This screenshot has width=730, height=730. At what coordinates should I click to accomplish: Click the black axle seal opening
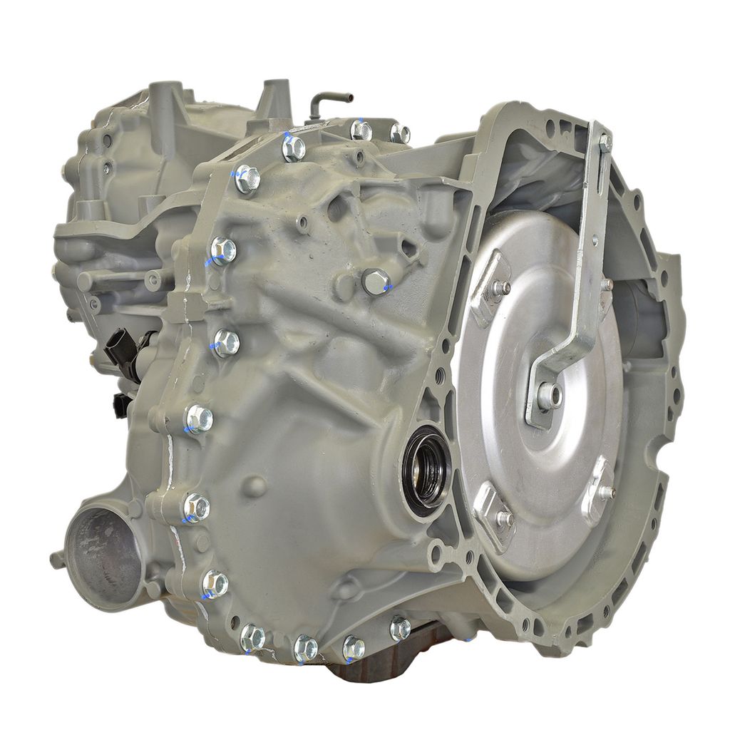(426, 469)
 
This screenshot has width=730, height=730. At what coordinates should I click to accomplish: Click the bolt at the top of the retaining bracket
(605, 143)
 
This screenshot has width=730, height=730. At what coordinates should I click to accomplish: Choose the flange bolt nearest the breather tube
(361, 130)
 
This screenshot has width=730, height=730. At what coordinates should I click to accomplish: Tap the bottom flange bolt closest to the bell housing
(400, 628)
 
